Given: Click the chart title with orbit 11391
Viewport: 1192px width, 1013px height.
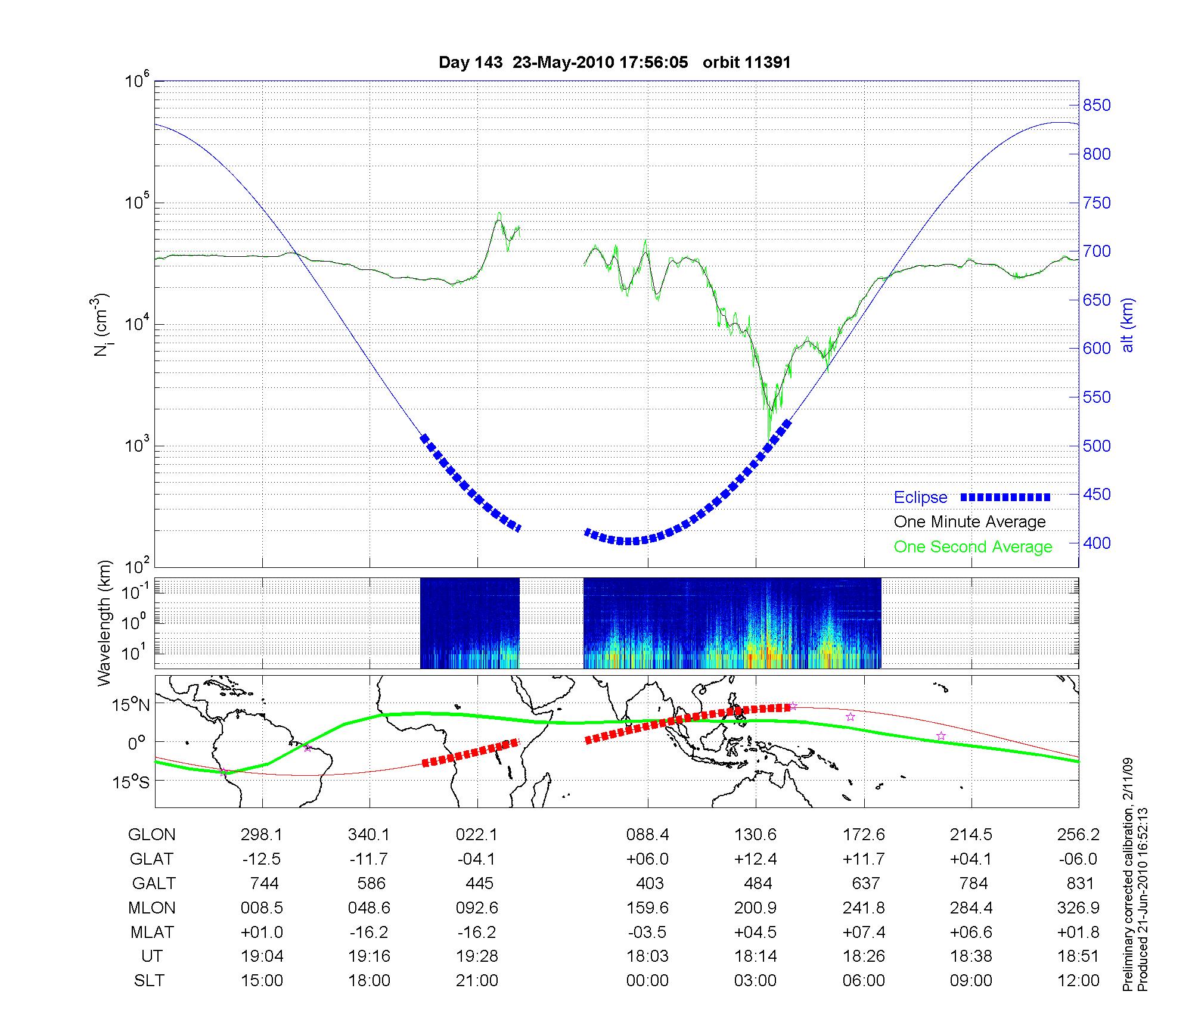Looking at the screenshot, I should coord(614,63).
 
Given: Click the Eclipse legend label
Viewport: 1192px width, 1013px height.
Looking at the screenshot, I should coord(920,498).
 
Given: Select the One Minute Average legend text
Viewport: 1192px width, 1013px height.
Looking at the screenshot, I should coord(970,522).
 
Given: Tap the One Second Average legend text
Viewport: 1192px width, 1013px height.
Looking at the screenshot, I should coord(973,547).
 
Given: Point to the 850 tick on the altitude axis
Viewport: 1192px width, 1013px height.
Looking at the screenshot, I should coord(1097,105).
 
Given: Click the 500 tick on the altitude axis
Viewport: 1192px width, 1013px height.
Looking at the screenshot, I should coord(1097,446).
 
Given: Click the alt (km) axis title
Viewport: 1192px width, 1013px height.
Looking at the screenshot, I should coord(1128,325).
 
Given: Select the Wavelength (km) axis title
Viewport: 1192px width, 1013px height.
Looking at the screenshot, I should coord(105,623).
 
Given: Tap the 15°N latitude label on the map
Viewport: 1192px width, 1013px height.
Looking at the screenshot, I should coord(132,706).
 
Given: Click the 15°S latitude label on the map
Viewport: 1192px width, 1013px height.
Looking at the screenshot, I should coord(132,781).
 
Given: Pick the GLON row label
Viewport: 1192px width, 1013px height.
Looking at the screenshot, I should coord(151,835).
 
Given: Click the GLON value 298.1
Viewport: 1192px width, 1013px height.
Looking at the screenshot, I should coord(262,835).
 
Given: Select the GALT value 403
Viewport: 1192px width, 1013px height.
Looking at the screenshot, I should coord(650,883).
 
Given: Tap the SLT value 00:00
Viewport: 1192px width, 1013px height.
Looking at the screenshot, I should coord(647,980).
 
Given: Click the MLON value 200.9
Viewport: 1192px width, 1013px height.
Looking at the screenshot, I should coord(756,908).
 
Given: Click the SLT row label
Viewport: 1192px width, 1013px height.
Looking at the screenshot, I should coord(149,980).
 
